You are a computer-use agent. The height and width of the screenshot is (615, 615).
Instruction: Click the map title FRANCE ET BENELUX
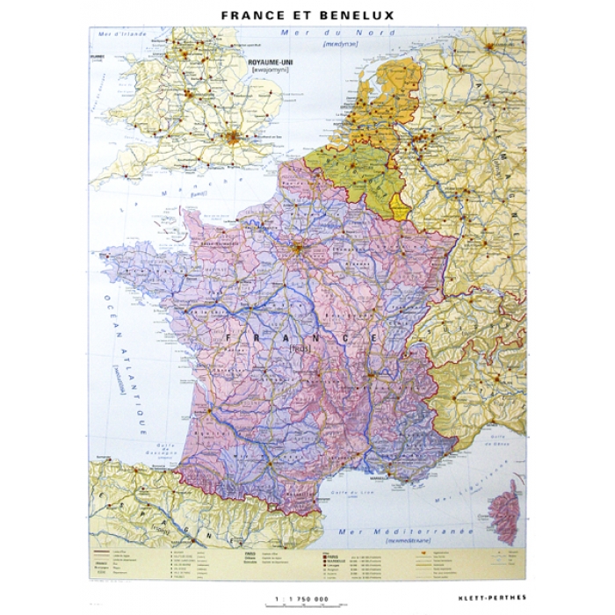[x=307, y=14]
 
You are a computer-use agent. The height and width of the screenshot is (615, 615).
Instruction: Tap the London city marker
[x=234, y=136]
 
